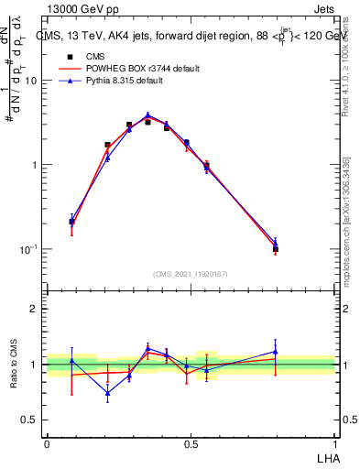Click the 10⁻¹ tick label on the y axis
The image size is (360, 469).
click(28, 249)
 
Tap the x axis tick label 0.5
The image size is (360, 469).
click(190, 443)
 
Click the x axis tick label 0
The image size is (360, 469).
click(47, 443)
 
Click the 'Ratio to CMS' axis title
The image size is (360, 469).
click(13, 364)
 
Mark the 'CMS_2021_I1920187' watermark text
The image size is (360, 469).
click(191, 274)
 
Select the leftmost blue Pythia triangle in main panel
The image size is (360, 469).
click(71, 221)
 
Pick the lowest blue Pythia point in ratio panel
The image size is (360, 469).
click(108, 394)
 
